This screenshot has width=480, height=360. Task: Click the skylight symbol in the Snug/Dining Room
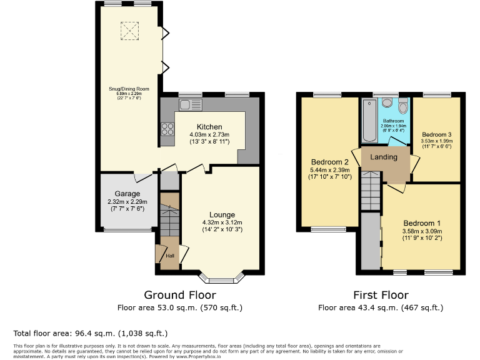click(129, 29)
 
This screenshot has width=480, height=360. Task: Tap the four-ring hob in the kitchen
click(168, 130)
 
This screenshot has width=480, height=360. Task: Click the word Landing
click(384, 157)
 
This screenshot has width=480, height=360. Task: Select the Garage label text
click(127, 194)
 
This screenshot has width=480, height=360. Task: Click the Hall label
click(169, 256)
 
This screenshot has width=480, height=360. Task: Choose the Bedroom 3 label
click(436, 134)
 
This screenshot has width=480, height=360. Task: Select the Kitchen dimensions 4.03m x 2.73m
click(209, 135)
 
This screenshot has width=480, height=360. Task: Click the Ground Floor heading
click(180, 295)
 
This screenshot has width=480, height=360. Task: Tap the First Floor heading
click(381, 295)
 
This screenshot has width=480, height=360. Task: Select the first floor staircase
click(370, 191)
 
